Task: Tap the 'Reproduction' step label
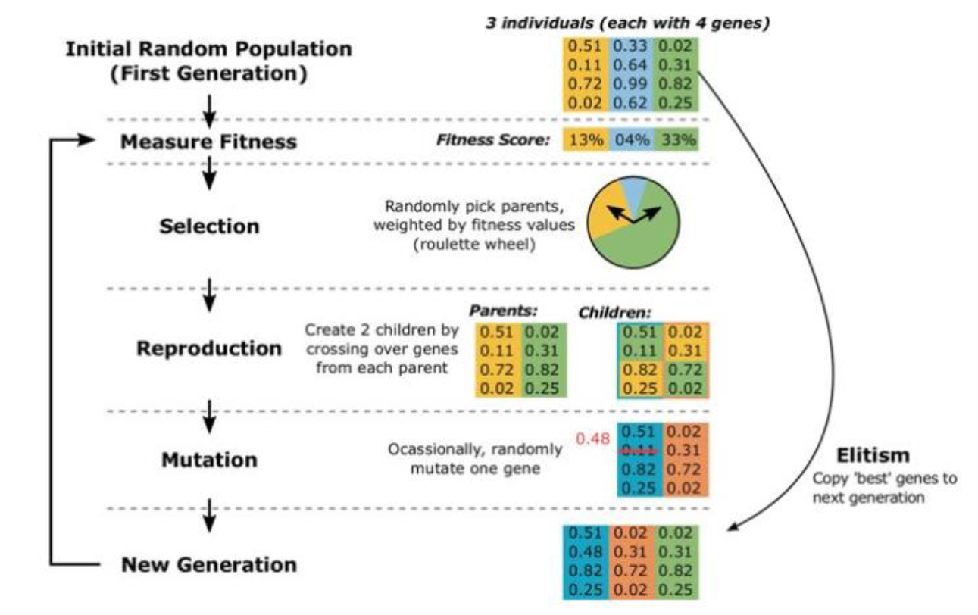[x=209, y=349]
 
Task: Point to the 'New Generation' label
[x=210, y=564]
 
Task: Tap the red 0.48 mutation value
[x=592, y=438]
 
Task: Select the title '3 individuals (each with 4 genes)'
[x=628, y=23]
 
